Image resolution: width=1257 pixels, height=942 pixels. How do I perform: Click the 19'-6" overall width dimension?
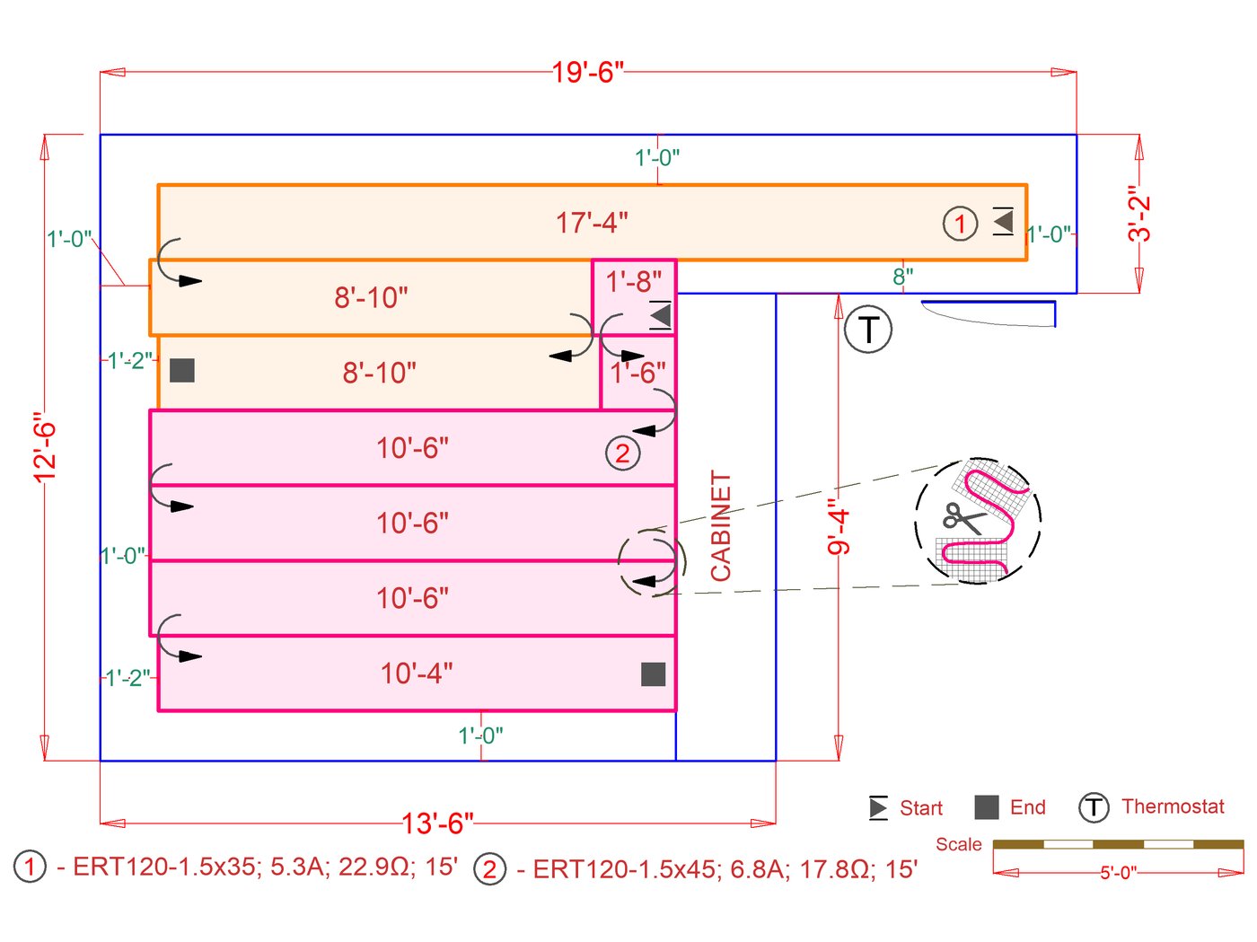[x=588, y=72]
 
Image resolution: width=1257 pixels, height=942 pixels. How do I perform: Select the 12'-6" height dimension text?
[x=45, y=447]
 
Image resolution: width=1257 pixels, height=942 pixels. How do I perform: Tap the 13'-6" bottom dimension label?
[x=437, y=823]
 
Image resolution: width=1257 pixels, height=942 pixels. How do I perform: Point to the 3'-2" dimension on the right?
[x=1139, y=214]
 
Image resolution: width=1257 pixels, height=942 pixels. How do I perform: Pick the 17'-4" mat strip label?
[x=592, y=223]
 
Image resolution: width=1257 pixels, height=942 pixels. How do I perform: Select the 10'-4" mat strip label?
[x=417, y=673]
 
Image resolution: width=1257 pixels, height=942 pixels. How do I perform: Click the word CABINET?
[x=722, y=526]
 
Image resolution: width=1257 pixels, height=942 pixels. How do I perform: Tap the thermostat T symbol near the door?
[x=868, y=330]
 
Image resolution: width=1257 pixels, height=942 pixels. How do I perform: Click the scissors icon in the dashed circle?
[x=963, y=518]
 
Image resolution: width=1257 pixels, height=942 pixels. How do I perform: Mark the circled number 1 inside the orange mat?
[x=960, y=224]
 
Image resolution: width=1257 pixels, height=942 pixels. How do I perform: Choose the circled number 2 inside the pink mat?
[x=622, y=453]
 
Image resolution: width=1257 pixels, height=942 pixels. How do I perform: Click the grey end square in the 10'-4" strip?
[x=654, y=674]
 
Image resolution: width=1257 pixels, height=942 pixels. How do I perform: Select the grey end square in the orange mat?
[x=182, y=370]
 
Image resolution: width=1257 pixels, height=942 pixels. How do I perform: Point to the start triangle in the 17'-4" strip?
[x=1003, y=221]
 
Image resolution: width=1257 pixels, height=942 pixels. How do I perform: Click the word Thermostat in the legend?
[x=1173, y=806]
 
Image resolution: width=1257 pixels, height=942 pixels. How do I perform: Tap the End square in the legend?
[x=987, y=807]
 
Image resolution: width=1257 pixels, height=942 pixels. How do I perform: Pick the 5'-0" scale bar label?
[x=1119, y=873]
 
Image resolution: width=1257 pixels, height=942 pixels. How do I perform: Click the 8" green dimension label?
[x=903, y=277]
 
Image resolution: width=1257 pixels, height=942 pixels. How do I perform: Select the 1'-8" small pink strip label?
[x=634, y=282]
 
